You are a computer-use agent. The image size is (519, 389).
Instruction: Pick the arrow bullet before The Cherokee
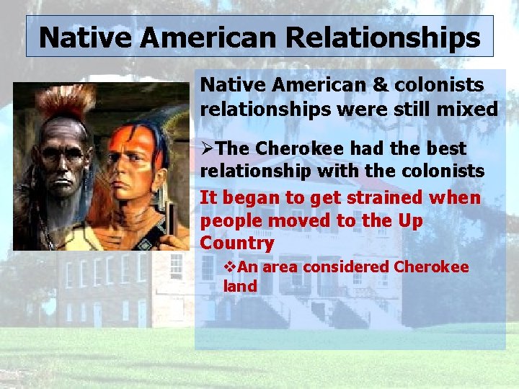coord(207,149)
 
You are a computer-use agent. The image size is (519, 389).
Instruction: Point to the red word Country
coord(236,243)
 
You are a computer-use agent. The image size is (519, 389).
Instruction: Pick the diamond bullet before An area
coord(230,267)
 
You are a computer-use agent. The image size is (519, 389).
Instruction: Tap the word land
coord(240,286)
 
